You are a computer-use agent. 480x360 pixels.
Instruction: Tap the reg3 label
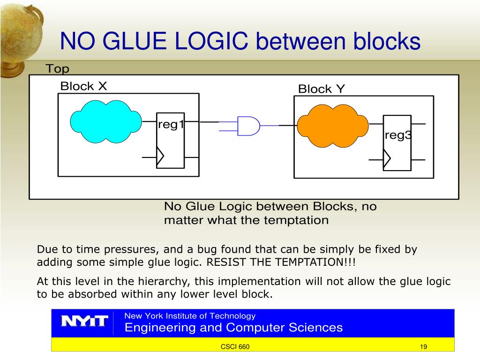(x=398, y=135)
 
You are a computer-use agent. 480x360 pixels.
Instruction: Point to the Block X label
(x=83, y=86)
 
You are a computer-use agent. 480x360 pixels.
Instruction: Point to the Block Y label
(x=322, y=89)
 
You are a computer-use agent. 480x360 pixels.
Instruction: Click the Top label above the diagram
(x=57, y=69)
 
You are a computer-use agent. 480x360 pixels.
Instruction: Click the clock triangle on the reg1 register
(x=160, y=157)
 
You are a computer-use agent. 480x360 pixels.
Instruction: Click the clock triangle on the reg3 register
(x=386, y=159)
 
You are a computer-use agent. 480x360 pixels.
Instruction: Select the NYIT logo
(x=85, y=322)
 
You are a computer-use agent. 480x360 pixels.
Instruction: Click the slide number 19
(x=423, y=347)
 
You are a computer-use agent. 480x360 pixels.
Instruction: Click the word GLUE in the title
(x=133, y=42)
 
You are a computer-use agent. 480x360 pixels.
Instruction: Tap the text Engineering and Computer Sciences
(x=233, y=327)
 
